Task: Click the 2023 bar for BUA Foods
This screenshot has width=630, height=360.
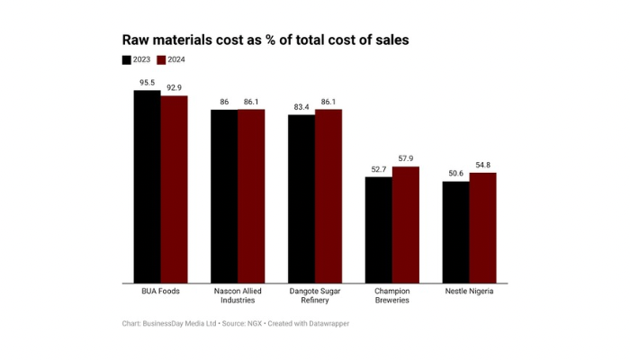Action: (148, 186)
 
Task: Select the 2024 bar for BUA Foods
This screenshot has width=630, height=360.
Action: (175, 189)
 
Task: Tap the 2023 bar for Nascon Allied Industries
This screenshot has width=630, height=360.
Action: (224, 196)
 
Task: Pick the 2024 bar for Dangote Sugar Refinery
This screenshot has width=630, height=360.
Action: (328, 196)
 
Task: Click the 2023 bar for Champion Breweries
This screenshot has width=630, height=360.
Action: (378, 229)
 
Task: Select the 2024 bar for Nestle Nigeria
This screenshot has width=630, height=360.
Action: (483, 228)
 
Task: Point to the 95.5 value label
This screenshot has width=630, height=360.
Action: (148, 83)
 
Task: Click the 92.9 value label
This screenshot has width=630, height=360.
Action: (175, 88)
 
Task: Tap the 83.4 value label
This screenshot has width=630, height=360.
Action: (301, 107)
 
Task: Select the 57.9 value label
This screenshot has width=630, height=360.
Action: (406, 159)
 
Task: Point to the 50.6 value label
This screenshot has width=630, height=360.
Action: (455, 174)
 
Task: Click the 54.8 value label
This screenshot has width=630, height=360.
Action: (483, 165)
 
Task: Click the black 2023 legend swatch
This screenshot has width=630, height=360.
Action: (127, 59)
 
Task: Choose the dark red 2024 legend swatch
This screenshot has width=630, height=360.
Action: (162, 59)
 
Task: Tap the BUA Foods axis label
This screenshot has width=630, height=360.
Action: (161, 292)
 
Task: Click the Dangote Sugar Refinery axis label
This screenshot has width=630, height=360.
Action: (315, 296)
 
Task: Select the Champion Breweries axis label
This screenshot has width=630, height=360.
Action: (392, 296)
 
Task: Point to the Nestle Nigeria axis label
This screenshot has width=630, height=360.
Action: (470, 292)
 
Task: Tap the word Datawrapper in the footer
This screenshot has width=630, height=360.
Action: (325, 323)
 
